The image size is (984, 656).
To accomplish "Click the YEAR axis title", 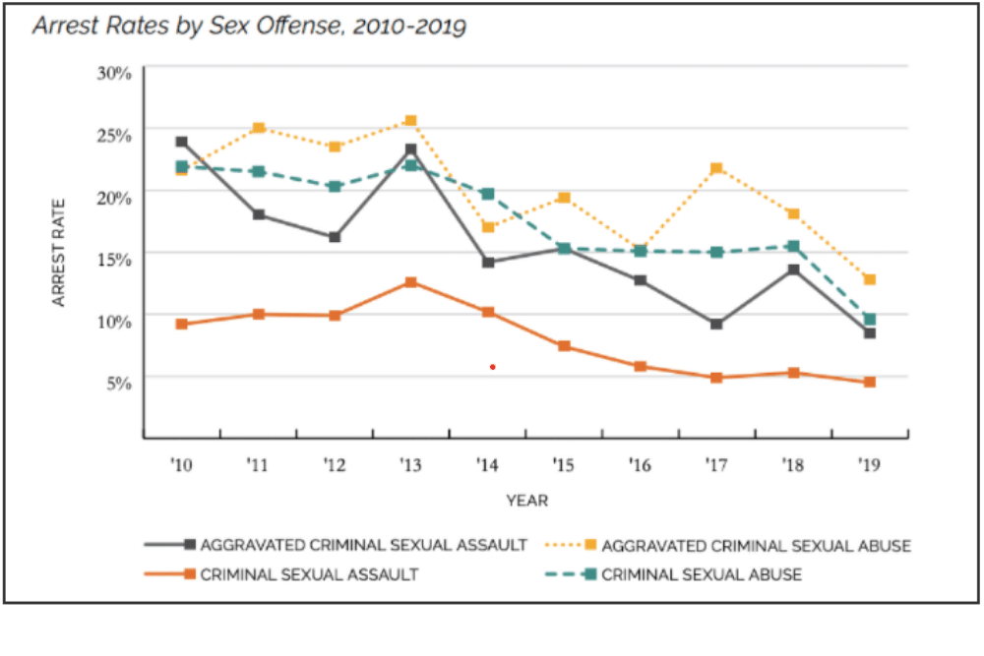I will tap(526, 501).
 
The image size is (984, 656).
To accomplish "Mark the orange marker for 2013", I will tap(411, 282).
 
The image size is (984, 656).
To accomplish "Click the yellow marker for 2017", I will tap(716, 168).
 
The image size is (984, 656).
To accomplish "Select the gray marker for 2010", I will tap(182, 142).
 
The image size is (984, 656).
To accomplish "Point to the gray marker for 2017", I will tap(716, 324).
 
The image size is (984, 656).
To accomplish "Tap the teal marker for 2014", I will tap(487, 194).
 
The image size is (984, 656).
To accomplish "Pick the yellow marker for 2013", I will tap(411, 121).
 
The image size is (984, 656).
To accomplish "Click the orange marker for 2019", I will tap(869, 382).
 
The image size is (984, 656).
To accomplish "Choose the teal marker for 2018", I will tap(793, 246).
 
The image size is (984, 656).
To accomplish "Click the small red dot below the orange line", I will tap(492, 367).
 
